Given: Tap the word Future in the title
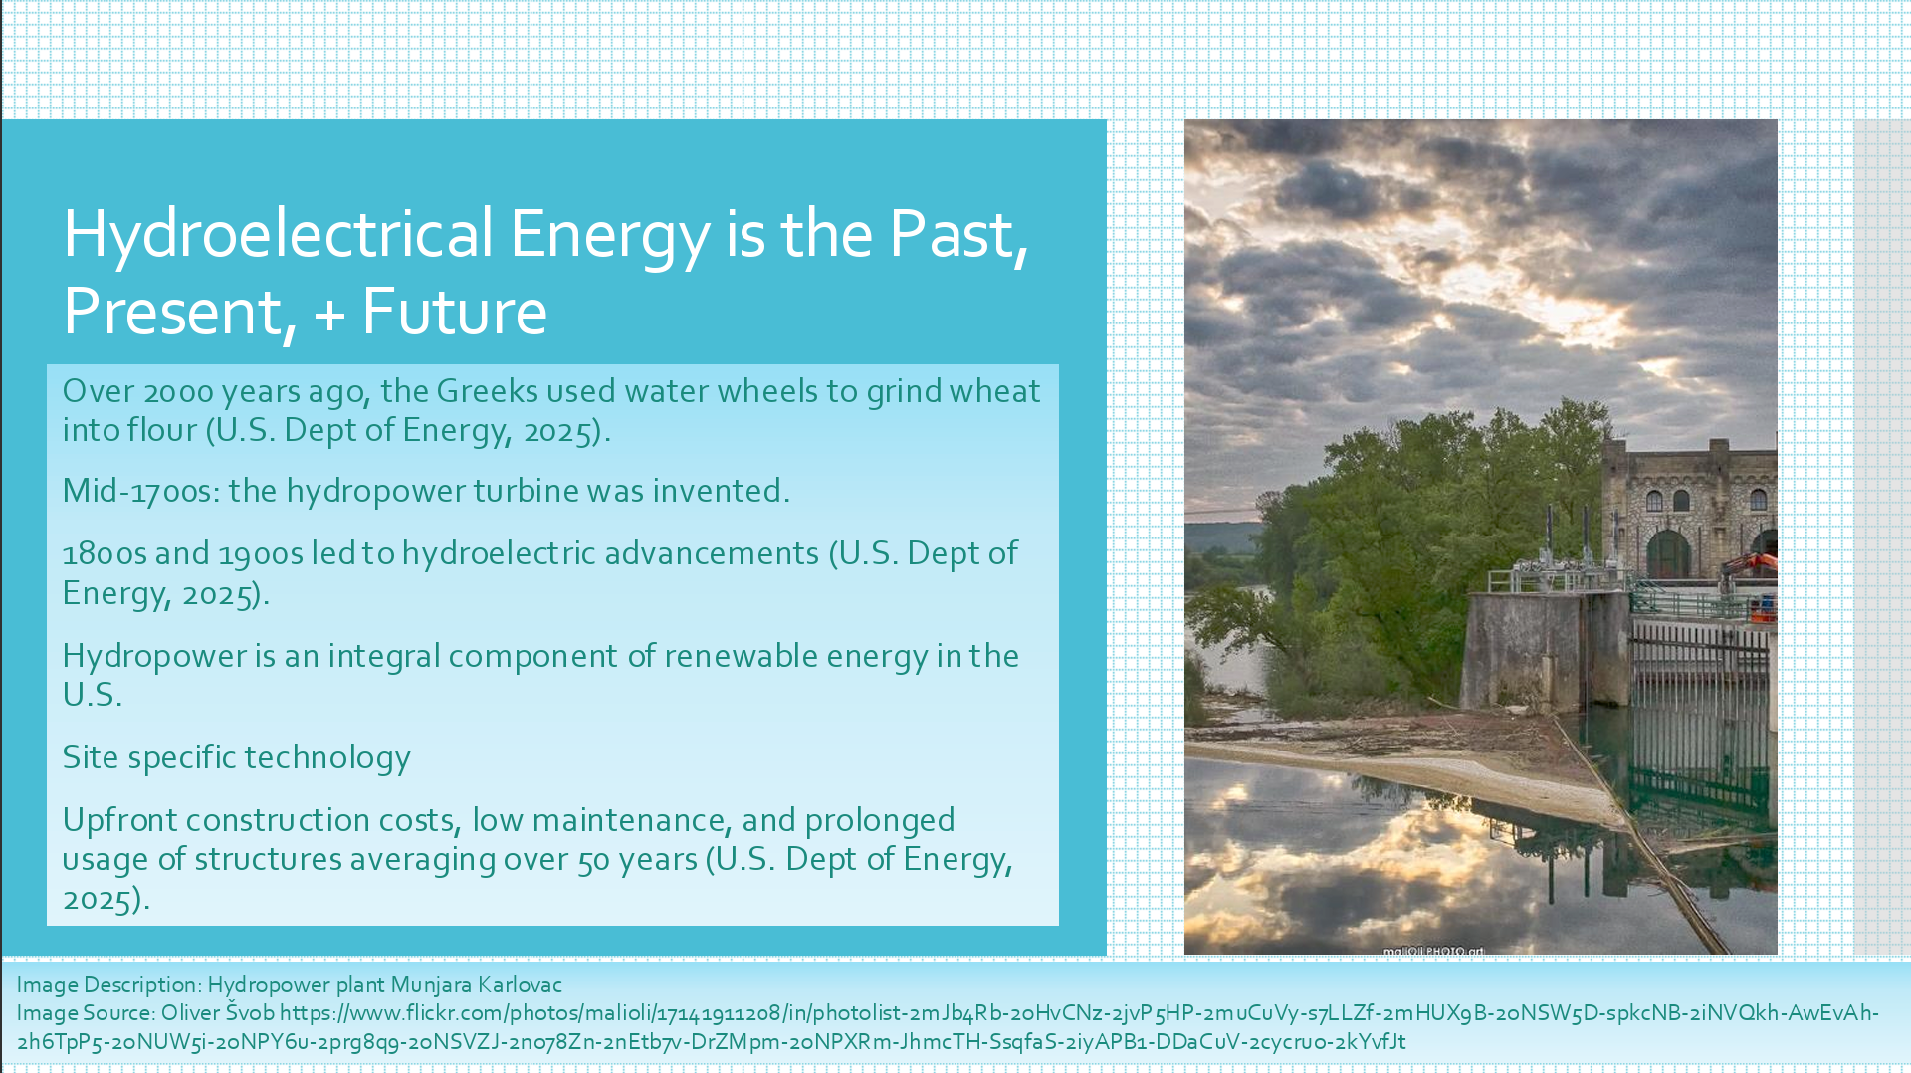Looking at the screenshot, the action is point(454,312).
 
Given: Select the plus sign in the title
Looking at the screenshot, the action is point(329,315).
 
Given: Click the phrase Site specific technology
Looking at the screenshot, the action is point(237,758).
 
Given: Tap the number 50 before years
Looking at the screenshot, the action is point(594,860).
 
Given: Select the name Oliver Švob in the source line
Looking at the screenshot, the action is point(218,1013).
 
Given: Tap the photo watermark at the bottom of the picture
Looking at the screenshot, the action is point(1432,951).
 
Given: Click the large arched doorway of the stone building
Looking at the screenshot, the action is point(1667,554).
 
